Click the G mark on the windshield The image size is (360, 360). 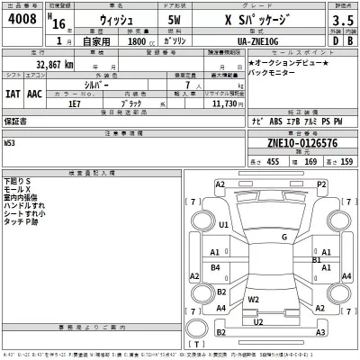[284, 237]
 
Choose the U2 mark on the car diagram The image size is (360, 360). [259, 320]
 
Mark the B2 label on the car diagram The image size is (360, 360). [221, 292]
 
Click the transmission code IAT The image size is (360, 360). [13, 93]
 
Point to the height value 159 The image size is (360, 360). [346, 161]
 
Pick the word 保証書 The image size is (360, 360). [15, 119]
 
